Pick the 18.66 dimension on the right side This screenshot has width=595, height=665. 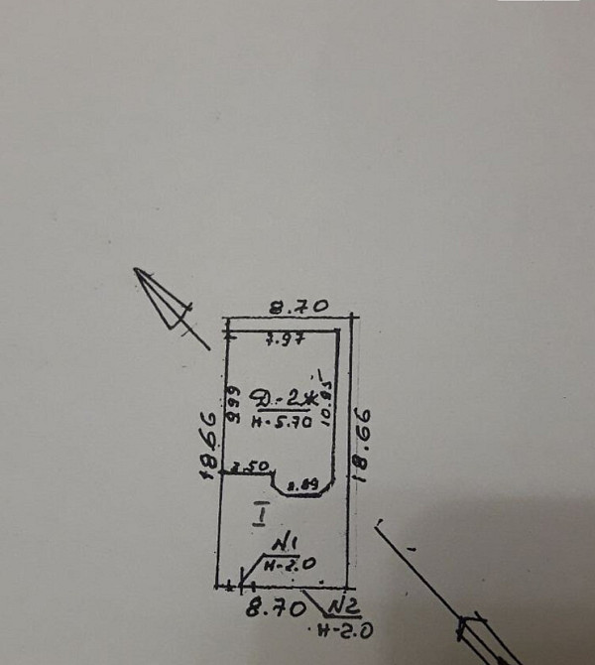coord(364,441)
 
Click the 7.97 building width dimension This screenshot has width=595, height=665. coord(285,340)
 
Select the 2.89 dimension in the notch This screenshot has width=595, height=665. coord(301,484)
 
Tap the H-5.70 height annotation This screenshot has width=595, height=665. coord(283,421)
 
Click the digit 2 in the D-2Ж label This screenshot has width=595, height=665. coord(289,400)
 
